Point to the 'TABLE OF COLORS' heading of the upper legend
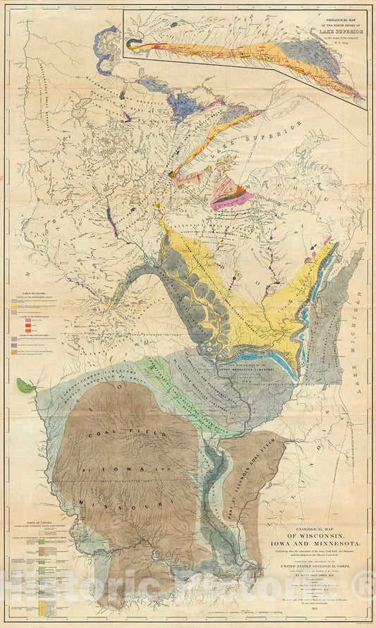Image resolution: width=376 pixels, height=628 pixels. click(x=32, y=292)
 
